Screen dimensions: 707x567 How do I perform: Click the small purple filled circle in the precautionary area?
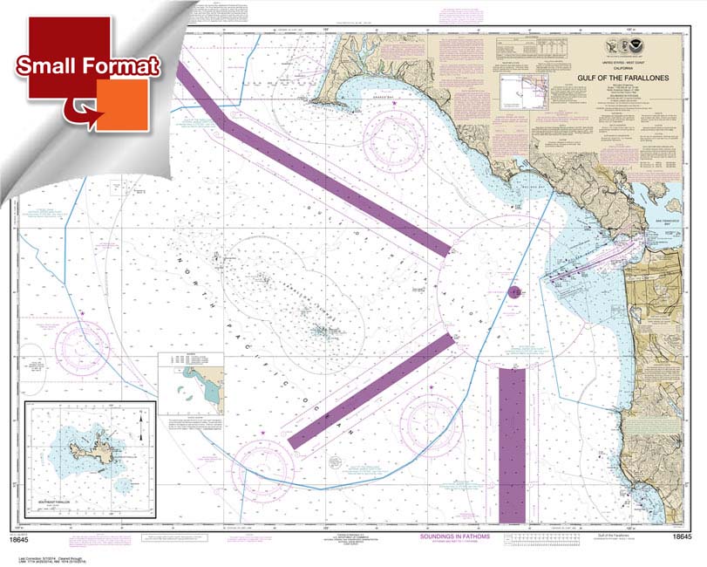(513, 292)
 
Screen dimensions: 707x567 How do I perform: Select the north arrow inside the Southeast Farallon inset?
(139, 427)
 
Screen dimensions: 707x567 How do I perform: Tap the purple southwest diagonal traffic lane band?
(370, 390)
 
